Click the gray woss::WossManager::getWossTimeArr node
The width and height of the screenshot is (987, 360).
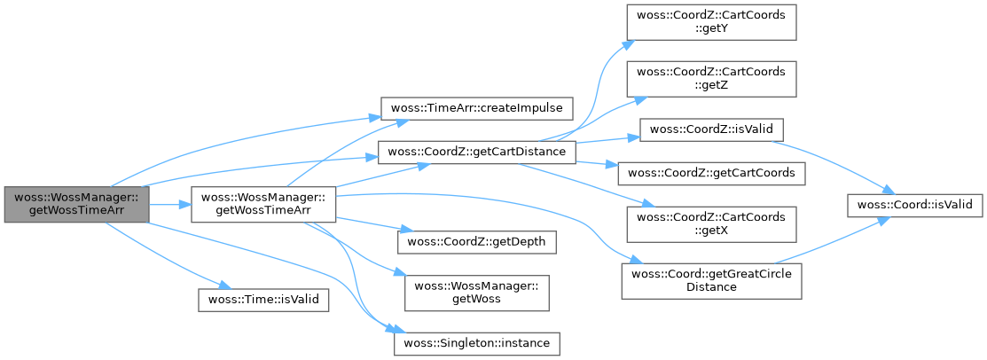click(75, 205)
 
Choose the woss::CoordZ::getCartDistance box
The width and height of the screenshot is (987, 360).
click(477, 152)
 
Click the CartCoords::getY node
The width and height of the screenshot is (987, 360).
click(711, 22)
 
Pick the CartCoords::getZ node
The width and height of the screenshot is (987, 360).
click(711, 79)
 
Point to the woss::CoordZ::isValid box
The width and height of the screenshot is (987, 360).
click(711, 129)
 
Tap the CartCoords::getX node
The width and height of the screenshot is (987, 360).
click(711, 225)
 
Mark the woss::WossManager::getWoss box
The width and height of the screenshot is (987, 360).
click(477, 292)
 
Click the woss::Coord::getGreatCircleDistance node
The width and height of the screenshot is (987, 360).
click(711, 281)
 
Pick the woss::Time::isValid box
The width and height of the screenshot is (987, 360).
click(262, 299)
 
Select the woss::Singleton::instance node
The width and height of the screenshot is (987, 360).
click(477, 341)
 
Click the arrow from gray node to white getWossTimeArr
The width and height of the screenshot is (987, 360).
click(168, 205)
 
